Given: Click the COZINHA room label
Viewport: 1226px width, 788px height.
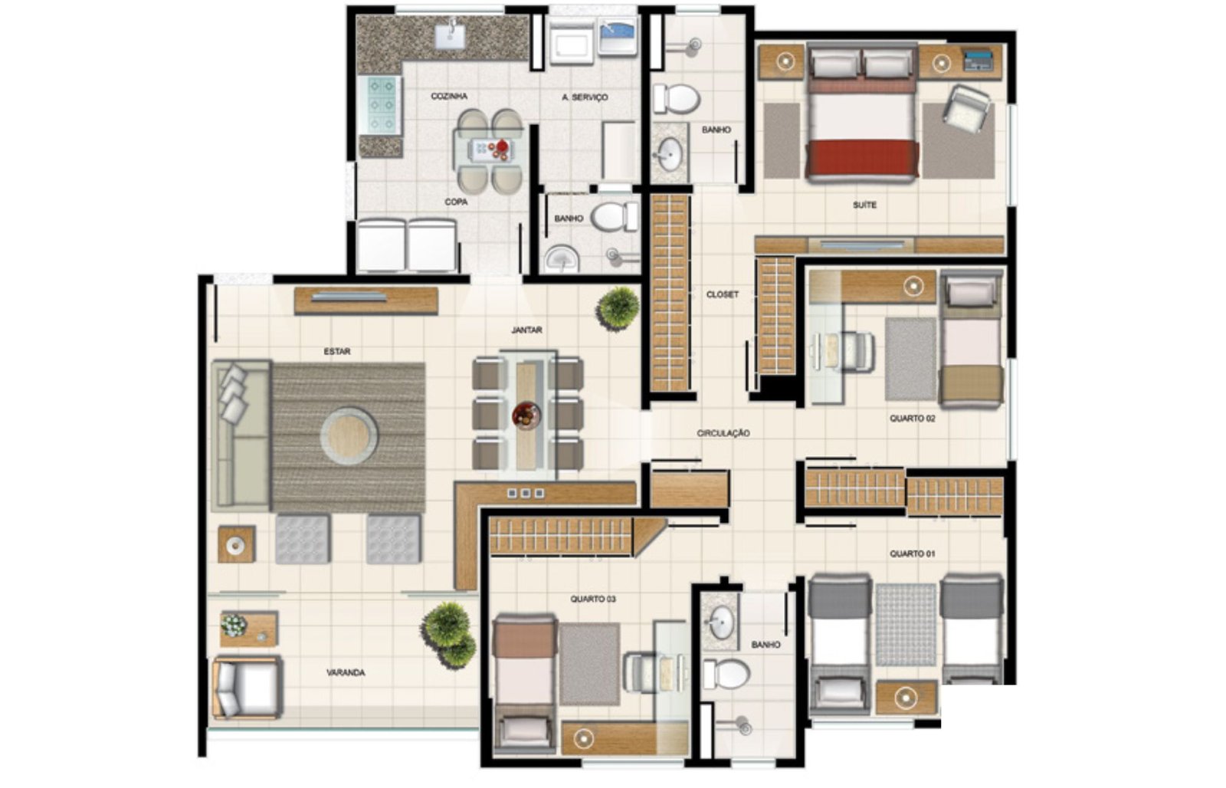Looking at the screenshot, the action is point(449,97).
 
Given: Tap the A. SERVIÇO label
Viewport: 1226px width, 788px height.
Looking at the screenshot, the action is point(585,97).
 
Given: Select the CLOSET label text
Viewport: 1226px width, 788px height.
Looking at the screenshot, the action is point(723,294).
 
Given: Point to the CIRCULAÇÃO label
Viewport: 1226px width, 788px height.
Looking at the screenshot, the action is point(723,433).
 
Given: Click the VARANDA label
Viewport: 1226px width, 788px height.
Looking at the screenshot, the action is point(346,672).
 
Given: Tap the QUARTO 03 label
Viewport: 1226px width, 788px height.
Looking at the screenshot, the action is point(593,599).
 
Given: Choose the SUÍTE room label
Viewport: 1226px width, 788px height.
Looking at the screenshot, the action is point(865,205).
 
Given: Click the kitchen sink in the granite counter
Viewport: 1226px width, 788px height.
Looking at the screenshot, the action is point(451,35).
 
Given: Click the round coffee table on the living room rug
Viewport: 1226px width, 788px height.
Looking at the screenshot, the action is point(349,436).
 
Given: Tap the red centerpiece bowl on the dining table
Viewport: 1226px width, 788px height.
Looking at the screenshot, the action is point(526,415).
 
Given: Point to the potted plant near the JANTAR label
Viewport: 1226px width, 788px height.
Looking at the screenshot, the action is point(618,308).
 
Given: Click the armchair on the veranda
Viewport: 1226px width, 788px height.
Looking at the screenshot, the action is point(247,688).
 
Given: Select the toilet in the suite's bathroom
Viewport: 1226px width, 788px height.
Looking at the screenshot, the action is point(677,99).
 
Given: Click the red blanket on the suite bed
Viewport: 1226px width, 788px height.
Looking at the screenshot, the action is point(863,158).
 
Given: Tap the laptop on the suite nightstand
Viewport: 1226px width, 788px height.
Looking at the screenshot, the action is point(978,61).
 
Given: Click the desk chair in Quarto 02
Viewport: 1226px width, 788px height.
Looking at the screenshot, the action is point(857,353).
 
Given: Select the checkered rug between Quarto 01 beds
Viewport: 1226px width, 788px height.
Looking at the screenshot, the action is point(906,625).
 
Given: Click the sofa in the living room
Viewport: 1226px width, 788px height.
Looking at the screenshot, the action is point(241,435).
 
